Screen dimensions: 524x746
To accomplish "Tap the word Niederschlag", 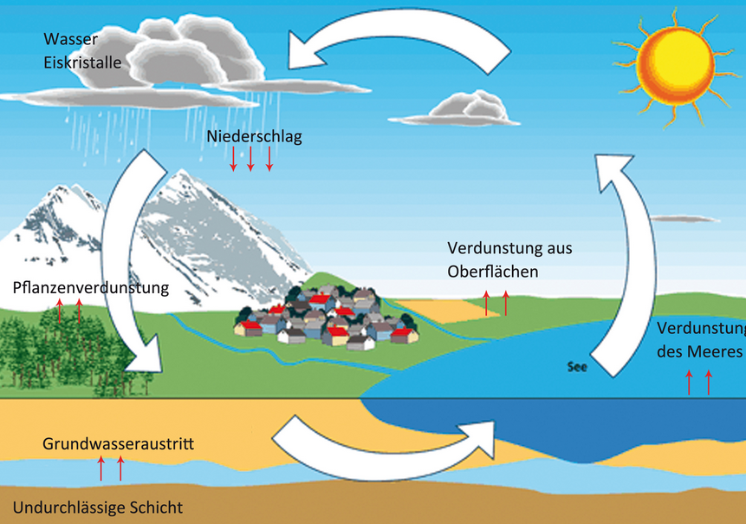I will (x=254, y=136).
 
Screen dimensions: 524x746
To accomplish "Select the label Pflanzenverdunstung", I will (x=91, y=287).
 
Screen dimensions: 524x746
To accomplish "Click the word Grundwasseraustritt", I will (x=118, y=445).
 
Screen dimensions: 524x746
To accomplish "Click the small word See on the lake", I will (x=577, y=366).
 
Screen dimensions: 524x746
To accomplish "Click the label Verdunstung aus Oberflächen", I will (x=509, y=259).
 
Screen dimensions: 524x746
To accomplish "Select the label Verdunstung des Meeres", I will (x=700, y=340).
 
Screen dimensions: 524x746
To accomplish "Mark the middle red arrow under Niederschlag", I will (x=250, y=159).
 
